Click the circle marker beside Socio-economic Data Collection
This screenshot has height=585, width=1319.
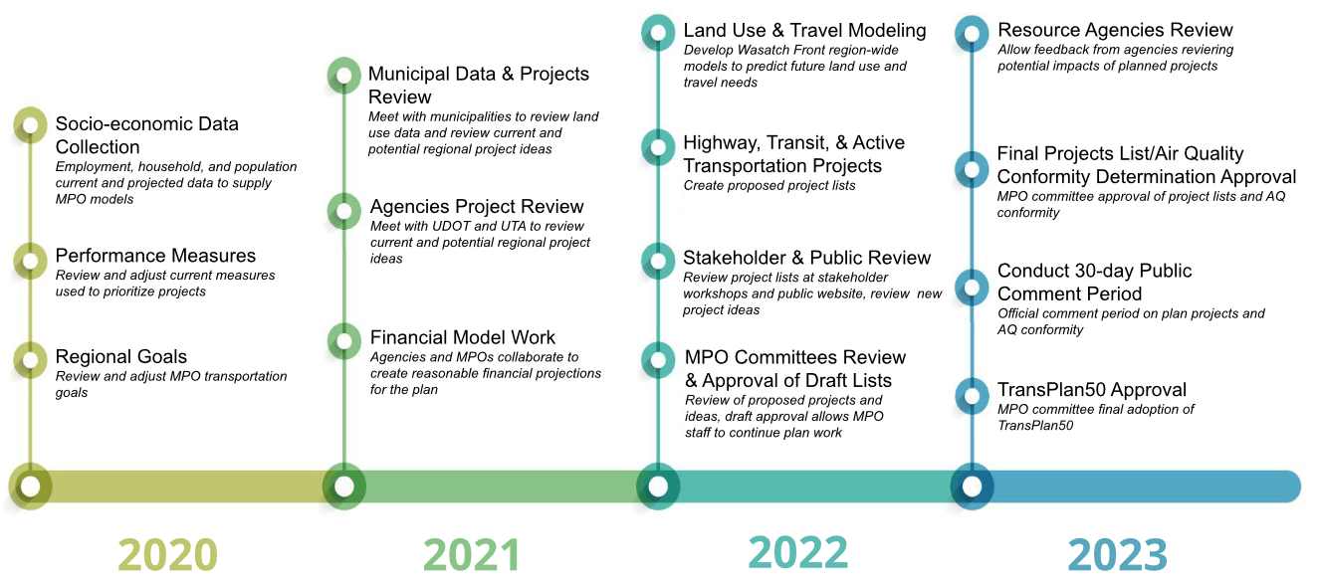(31, 125)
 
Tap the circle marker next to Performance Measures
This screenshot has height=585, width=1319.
(31, 261)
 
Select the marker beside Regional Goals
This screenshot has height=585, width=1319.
(31, 359)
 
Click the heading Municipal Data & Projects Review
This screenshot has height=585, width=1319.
(478, 86)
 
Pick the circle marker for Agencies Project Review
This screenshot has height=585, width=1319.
(344, 211)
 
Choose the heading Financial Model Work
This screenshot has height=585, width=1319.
(463, 337)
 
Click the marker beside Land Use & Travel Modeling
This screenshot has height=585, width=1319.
(657, 33)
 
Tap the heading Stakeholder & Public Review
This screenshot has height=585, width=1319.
(806, 259)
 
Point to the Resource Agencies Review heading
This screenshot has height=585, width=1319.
(1115, 31)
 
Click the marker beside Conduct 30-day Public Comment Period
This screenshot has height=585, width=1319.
(971, 287)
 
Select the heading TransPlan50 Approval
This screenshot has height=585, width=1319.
(1092, 390)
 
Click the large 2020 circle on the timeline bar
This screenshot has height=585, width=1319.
(31, 487)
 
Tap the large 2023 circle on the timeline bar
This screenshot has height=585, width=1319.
(972, 487)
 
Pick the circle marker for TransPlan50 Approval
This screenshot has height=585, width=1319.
(971, 395)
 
